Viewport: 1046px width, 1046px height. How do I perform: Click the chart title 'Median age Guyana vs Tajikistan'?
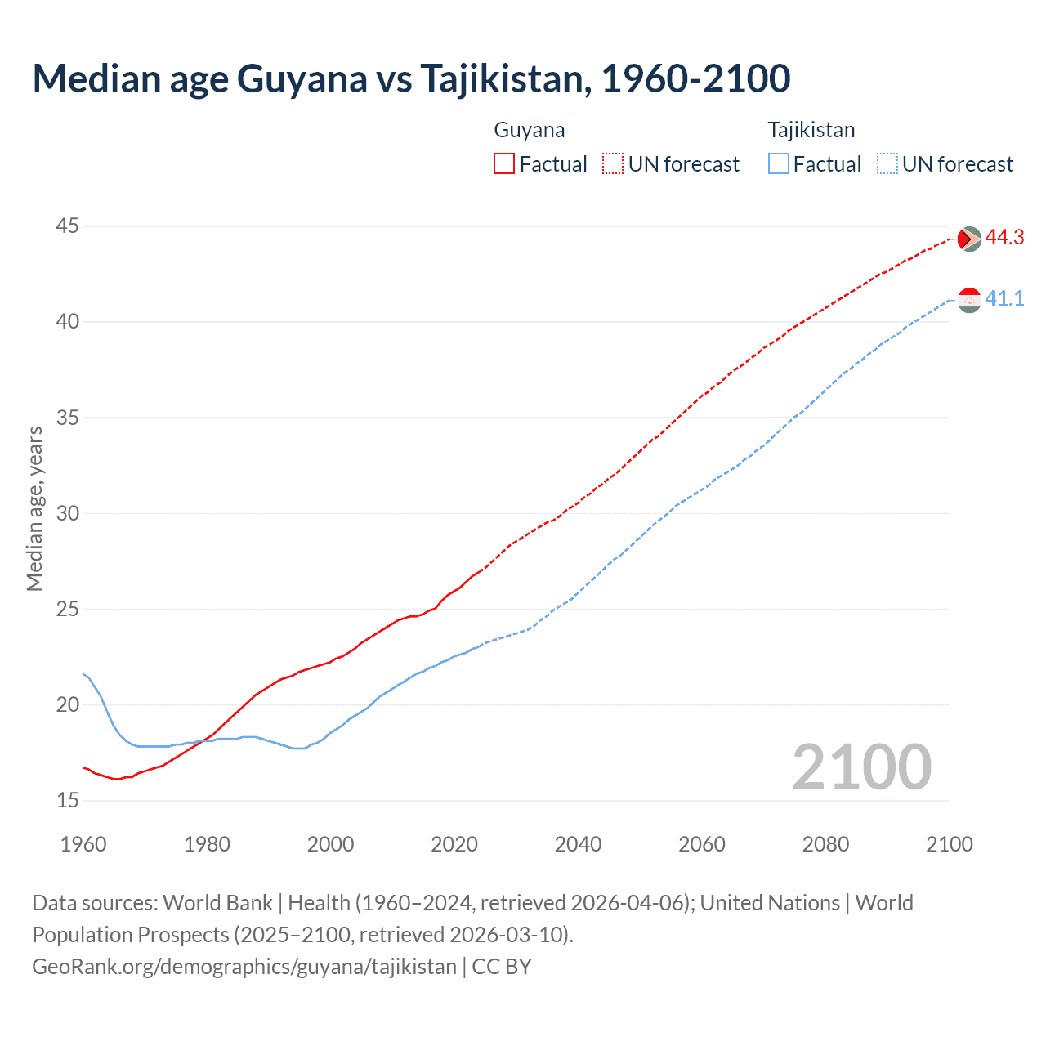coord(411,78)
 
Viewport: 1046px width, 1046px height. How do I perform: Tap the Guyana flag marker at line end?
coord(969,239)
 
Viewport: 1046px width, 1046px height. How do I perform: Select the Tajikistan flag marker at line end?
coord(969,300)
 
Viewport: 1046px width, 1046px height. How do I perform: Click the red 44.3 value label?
coord(1004,238)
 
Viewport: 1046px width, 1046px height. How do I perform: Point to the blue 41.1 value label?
coord(1004,299)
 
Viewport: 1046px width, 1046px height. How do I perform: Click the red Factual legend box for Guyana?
coord(504,164)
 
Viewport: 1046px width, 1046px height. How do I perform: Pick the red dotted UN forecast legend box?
coord(613,164)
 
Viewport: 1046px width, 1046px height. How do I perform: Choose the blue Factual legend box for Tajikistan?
coord(779,164)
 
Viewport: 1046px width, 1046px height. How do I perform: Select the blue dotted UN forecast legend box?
coord(887,164)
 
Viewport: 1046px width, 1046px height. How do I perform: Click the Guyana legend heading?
coord(530,130)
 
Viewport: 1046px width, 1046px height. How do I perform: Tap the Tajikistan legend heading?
coord(811,130)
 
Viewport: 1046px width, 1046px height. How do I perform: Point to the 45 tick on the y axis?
coord(68,226)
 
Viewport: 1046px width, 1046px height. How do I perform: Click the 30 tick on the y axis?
coord(68,513)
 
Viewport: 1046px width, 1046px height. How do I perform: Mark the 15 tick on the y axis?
coord(68,800)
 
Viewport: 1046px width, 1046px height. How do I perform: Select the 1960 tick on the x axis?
coord(83,844)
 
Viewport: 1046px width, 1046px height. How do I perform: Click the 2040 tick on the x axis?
coord(578,844)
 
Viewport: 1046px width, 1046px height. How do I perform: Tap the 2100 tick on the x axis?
coord(949,844)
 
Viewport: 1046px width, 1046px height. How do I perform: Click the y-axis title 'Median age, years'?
coord(34,508)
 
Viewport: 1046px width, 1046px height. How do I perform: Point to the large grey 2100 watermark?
coord(861,767)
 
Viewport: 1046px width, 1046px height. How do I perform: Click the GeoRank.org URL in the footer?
coord(244,967)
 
